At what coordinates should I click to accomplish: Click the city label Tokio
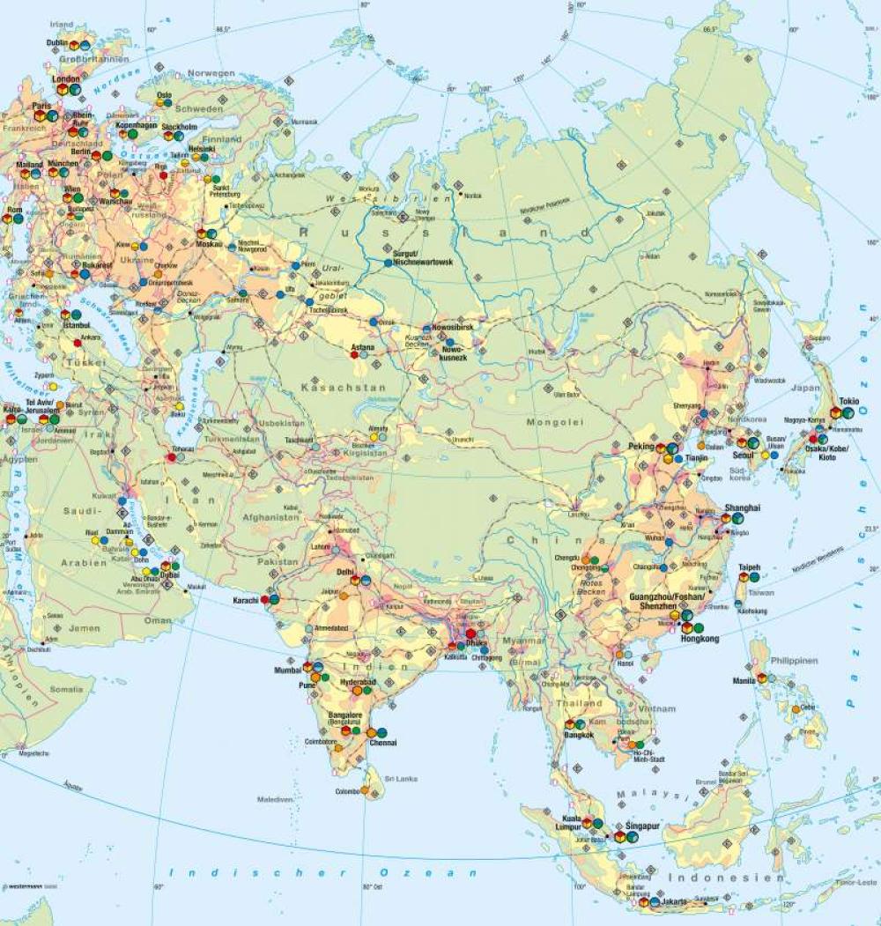[x=849, y=400]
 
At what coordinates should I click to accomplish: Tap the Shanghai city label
[x=742, y=508]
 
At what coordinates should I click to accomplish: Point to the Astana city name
[x=363, y=347]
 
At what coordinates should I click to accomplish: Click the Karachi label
[x=244, y=600]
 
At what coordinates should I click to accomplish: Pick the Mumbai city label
[x=288, y=670]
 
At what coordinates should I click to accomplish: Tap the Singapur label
[x=643, y=826]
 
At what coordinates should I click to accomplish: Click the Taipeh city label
[x=749, y=567]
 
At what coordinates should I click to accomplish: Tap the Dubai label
[x=170, y=575]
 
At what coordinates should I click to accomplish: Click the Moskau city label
[x=209, y=244]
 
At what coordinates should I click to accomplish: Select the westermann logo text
[x=24, y=885]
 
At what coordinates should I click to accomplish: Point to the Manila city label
[x=742, y=679]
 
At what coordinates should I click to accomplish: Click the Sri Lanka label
[x=401, y=779]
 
